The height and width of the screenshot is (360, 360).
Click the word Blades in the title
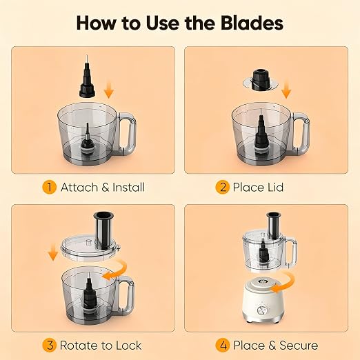click(x=252, y=23)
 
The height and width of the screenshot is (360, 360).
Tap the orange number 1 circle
click(x=50, y=187)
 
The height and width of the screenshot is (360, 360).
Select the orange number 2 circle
click(x=223, y=187)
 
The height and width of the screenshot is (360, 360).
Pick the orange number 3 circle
click(x=50, y=346)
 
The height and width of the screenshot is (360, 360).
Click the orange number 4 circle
click(x=223, y=346)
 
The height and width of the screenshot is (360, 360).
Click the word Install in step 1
click(x=129, y=187)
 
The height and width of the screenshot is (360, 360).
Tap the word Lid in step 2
click(x=275, y=187)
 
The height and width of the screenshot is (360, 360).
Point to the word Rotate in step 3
click(x=79, y=346)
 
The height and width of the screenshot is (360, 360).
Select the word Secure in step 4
click(x=299, y=346)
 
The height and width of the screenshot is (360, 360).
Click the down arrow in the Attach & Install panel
click(x=109, y=90)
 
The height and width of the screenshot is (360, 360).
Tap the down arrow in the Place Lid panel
click(x=286, y=90)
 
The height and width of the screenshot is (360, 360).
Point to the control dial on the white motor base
click(x=261, y=310)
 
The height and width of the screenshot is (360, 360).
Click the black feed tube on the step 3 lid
click(x=103, y=230)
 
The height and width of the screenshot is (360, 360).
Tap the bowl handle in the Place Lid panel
click(x=301, y=133)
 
